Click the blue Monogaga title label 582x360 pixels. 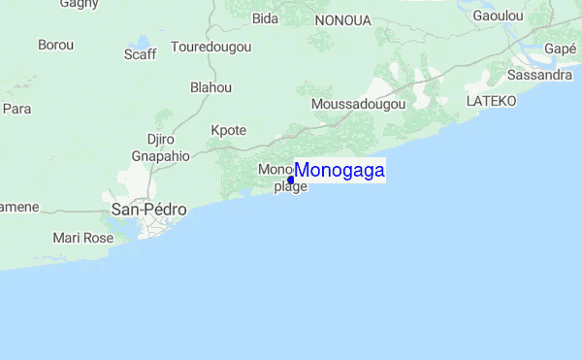pos(339,171)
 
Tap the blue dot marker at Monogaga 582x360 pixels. pos(291,180)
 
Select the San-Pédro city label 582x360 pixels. pos(148,210)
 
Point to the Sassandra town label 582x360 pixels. pos(539,75)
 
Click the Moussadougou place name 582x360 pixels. pos(358,104)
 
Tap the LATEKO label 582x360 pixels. pos(491,101)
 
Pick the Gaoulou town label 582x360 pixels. pos(499,16)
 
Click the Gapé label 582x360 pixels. pos(561,49)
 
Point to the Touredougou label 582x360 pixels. pos(211,47)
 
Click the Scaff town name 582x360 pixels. pos(140,54)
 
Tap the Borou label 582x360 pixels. pos(55,45)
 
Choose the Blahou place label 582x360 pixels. pos(211,87)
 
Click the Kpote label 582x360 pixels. pos(229,130)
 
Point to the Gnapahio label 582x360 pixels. pos(161,155)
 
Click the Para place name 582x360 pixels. pos(16,109)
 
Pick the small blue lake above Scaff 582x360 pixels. pos(145,42)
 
